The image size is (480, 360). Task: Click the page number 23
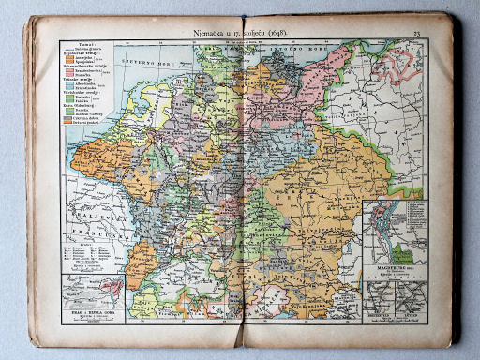416,34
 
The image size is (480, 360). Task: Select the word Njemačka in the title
211,34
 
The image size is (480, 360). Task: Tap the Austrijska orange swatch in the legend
67,61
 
